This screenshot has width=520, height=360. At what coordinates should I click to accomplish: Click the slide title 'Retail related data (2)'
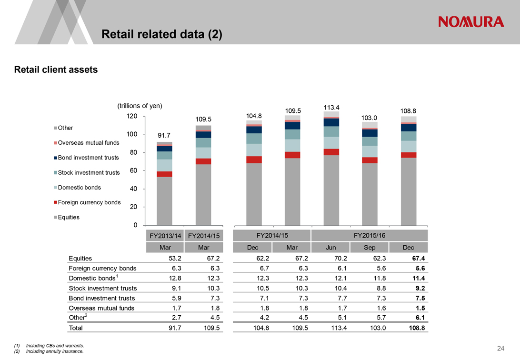[x=162, y=34]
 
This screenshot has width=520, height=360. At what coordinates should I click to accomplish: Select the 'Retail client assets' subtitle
[x=56, y=70]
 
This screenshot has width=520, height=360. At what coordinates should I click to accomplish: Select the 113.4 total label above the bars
[x=331, y=107]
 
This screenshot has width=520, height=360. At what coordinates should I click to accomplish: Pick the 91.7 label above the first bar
[x=164, y=136]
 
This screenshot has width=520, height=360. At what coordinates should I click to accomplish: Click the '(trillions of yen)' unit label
[x=140, y=106]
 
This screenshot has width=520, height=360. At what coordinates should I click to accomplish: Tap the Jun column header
[x=330, y=248]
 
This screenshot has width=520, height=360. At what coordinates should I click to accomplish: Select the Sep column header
[x=369, y=248]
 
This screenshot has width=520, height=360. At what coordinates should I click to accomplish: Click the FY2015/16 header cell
[x=370, y=235]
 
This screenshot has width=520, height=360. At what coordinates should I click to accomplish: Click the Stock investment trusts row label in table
[x=103, y=288]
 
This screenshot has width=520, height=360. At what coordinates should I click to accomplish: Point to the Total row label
[x=76, y=328]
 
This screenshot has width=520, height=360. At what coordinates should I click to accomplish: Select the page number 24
[x=500, y=349]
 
